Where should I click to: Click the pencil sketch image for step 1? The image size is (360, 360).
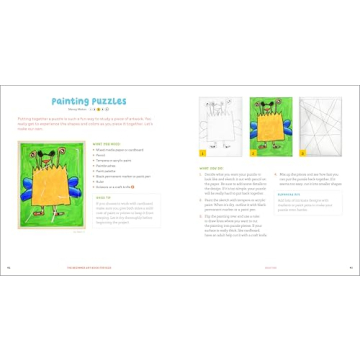[x=219, y=125]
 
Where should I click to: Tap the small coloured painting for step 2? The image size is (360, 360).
[x=269, y=125]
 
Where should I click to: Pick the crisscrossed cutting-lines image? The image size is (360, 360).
[x=319, y=126]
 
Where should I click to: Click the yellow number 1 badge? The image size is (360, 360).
[x=203, y=154]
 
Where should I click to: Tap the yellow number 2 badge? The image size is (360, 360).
[x=253, y=154]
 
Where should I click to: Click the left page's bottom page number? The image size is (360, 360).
[x=9, y=267]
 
